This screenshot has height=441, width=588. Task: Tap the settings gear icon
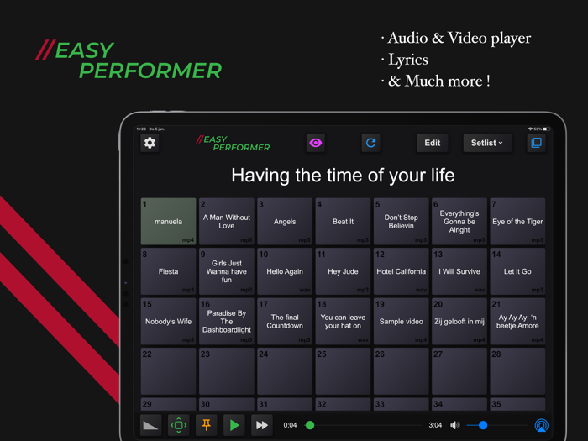tap(150, 143)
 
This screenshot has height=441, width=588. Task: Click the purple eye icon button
tap(315, 143)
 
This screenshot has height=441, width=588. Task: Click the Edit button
tap(432, 143)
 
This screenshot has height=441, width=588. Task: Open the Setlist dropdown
tap(486, 143)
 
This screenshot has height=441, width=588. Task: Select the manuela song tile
tap(168, 222)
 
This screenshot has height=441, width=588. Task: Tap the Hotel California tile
tap(402, 271)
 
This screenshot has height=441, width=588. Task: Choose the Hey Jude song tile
tap(343, 271)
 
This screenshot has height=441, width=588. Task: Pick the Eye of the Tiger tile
tap(517, 222)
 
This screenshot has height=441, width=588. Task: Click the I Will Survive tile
tap(459, 271)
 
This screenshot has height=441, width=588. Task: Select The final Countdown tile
tap(285, 322)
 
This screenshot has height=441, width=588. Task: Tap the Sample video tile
tap(402, 322)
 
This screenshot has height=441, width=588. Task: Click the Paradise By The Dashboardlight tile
tap(227, 322)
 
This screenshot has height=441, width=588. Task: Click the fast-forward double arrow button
tap(262, 425)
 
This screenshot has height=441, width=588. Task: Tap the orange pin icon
tap(207, 425)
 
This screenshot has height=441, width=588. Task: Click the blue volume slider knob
tap(482, 425)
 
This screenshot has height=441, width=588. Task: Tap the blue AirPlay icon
tap(542, 425)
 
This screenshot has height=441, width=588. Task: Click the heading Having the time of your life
tap(343, 176)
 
